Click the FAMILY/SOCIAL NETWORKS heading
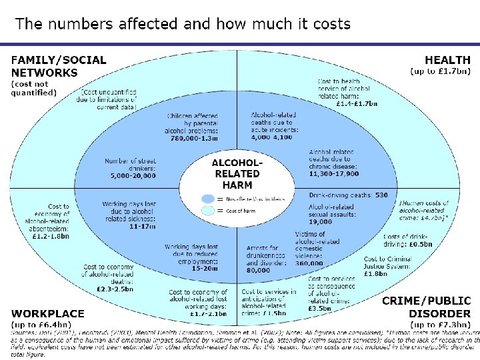pyautogui.click(x=58, y=66)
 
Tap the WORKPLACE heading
pyautogui.click(x=47, y=313)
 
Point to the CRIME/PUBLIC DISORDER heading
pyautogui.click(x=426, y=307)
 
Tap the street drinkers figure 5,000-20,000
pyautogui.click(x=133, y=176)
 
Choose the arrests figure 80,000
pyautogui.click(x=259, y=271)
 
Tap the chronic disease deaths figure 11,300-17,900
pyautogui.click(x=333, y=173)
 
